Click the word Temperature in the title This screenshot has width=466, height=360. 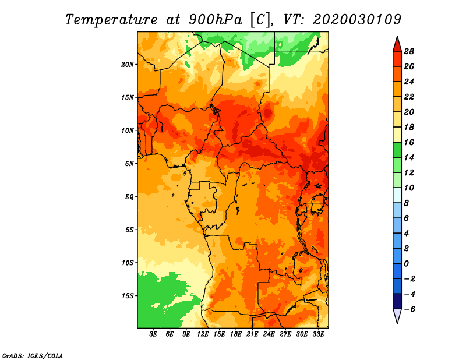111,20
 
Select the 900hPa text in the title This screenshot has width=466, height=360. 215,20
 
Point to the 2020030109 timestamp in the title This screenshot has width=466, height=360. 357,20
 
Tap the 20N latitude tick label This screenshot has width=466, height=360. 128,65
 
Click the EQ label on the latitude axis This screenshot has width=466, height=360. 129,197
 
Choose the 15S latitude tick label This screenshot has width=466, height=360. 128,296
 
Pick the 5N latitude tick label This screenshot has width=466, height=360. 129,164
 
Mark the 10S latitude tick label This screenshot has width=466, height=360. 128,263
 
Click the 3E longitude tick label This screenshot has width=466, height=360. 153,334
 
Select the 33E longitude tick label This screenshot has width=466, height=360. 318,334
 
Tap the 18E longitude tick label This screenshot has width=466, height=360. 236,334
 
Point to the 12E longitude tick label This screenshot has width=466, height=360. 203,334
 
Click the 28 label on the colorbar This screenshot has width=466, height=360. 409,51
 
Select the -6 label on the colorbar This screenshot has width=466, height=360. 409,309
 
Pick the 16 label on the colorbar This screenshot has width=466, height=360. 409,142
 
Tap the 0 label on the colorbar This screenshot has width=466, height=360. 406,264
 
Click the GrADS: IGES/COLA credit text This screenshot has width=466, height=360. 33,355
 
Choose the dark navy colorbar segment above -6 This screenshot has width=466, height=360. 397,301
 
